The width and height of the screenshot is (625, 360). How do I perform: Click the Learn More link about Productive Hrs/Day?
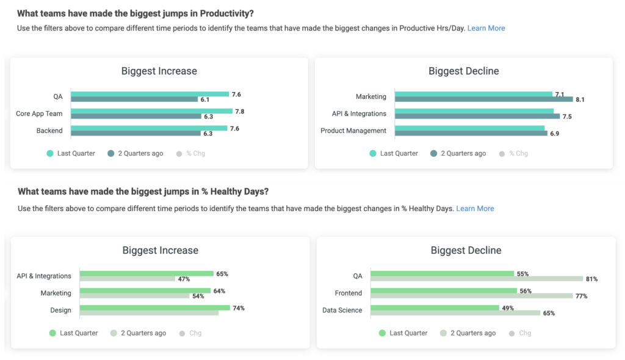coord(486,28)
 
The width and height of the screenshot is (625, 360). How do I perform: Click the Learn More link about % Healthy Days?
coord(475,209)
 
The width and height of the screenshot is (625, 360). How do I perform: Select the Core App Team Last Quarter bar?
coord(152,111)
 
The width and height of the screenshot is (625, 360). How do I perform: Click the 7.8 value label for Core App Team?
coord(240,111)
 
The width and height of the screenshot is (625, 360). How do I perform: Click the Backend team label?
coord(49,131)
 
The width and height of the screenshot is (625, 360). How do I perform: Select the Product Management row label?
coord(353,131)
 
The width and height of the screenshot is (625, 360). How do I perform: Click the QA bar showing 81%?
coord(477,279)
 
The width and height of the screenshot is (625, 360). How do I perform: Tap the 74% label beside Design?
coord(238,308)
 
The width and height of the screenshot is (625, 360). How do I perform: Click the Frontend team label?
coord(349,293)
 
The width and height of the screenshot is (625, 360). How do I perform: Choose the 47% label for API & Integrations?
coord(184,279)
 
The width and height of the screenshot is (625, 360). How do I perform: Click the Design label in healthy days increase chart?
coord(60,311)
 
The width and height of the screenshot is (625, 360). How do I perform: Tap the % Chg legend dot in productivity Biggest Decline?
coord(503,154)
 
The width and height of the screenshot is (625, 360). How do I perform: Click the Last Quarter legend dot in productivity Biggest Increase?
coord(51,154)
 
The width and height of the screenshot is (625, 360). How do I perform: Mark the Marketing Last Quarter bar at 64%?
coord(145,291)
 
